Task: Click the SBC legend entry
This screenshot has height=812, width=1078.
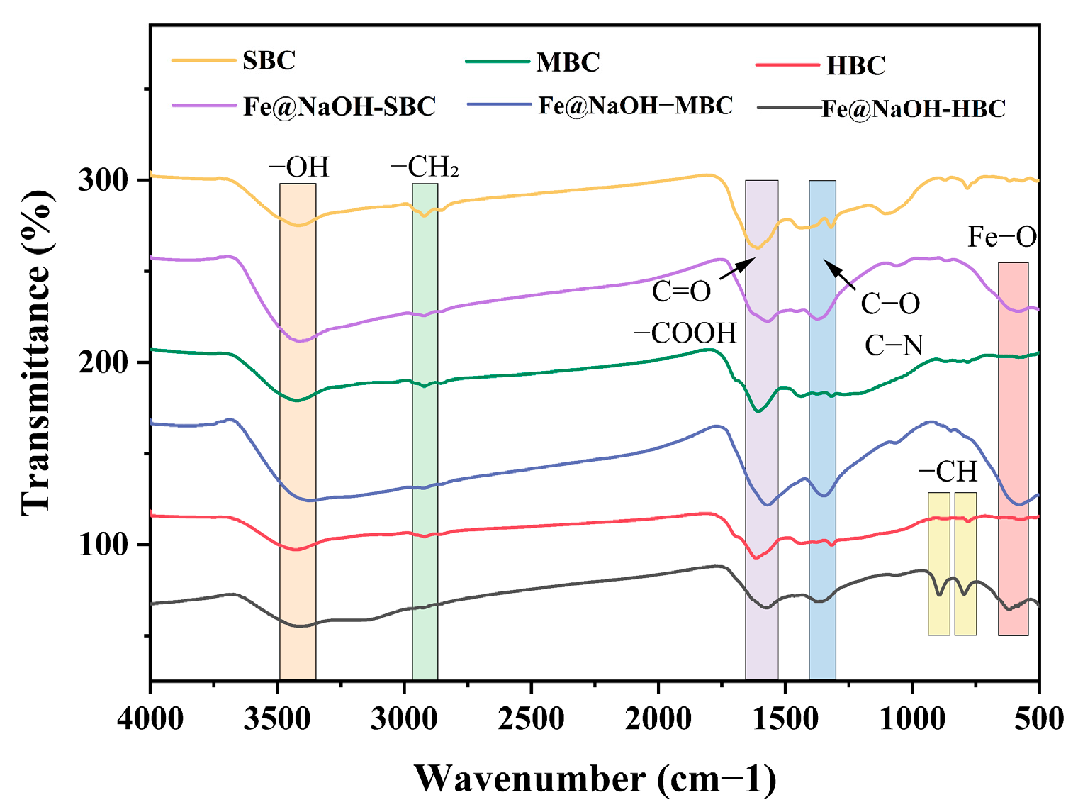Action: click(269, 60)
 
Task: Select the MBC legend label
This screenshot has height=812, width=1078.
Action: click(568, 62)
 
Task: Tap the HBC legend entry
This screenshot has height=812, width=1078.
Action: click(855, 66)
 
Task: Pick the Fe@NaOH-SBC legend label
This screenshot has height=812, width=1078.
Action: click(339, 106)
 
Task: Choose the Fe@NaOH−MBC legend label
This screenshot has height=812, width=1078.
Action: click(635, 106)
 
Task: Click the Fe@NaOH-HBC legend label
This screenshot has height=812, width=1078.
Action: click(913, 109)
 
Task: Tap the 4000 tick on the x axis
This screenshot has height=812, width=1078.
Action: click(150, 718)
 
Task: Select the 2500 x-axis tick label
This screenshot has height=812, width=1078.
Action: click(531, 718)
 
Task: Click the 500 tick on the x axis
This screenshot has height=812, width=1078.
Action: click(1038, 718)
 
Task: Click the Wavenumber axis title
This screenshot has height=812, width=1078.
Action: click(595, 779)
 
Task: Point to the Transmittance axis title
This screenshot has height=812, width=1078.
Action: click(37, 352)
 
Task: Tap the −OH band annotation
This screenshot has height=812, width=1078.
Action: click(298, 167)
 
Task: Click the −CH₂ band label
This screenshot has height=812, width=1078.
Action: click(425, 167)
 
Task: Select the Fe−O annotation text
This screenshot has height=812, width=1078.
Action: click(1002, 237)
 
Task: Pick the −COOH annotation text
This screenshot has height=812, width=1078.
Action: click(685, 333)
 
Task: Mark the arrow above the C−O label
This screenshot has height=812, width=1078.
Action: click(839, 275)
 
